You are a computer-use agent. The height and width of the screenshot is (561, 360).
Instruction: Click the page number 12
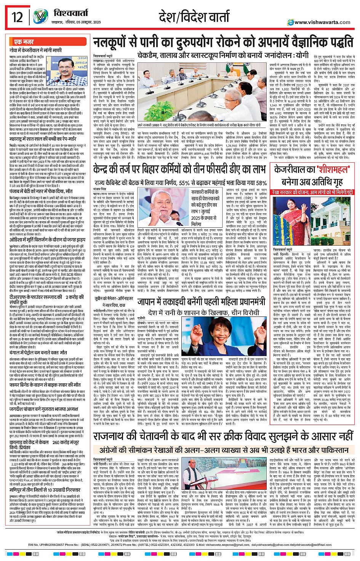click(17, 17)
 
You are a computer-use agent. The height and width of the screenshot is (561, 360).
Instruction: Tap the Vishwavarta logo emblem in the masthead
click(40, 17)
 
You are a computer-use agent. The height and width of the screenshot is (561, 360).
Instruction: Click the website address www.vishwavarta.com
click(322, 22)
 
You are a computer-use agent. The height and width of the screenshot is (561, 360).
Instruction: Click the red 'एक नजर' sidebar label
click(24, 42)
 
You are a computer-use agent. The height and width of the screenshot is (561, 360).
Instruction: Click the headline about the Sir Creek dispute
click(223, 436)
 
